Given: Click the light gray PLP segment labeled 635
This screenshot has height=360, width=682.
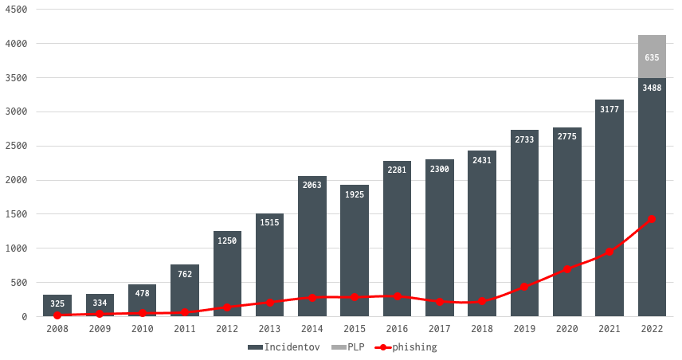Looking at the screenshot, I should (x=652, y=57).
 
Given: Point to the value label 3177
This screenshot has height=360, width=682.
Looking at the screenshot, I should (x=609, y=109).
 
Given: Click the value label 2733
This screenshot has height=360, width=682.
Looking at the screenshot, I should (x=524, y=139).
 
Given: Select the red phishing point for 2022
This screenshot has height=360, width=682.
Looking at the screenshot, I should (x=652, y=219).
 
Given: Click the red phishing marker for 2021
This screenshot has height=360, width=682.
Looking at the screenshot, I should (x=609, y=252).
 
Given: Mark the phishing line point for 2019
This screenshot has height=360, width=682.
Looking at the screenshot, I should (x=524, y=287).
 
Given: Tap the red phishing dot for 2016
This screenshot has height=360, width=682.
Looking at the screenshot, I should (x=397, y=296).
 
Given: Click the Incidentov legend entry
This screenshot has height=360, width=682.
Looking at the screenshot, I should (x=284, y=347).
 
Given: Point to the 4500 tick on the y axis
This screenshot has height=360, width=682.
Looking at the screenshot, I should (x=17, y=10).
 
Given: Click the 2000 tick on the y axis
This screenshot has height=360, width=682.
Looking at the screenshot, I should (x=17, y=180).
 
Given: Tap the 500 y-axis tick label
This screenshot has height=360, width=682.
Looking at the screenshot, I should (x=20, y=283).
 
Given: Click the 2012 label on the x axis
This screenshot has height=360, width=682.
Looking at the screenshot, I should (x=227, y=327).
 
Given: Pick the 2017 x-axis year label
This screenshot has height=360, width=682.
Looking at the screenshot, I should (x=440, y=327).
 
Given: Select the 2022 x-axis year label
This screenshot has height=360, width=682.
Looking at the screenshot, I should (x=652, y=327).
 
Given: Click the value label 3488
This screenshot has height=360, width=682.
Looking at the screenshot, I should (x=652, y=88).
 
